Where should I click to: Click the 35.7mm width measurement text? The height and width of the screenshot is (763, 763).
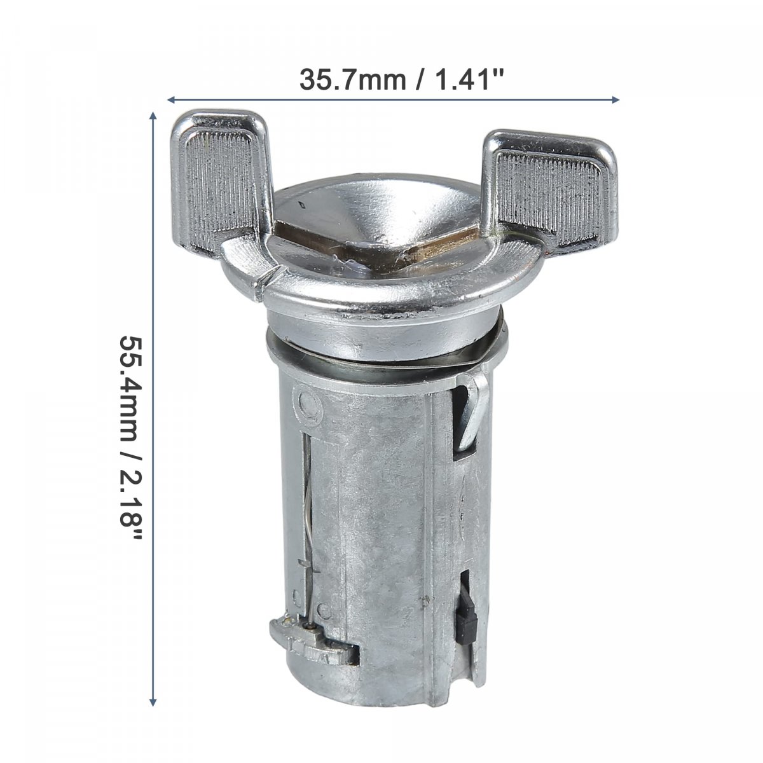click(353, 79)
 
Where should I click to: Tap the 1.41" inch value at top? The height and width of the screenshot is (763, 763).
click(469, 79)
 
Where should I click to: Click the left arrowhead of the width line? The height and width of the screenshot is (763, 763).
click(171, 100)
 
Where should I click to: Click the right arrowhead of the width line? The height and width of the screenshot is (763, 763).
click(615, 100)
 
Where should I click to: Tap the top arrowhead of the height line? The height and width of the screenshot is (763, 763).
click(153, 116)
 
